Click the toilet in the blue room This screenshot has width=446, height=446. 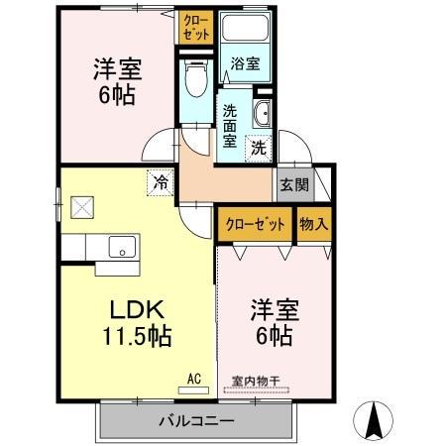pos(194,74)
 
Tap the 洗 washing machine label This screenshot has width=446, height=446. pos(257,149)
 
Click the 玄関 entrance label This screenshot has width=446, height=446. pos(293,183)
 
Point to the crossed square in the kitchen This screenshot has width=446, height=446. pos(81,209)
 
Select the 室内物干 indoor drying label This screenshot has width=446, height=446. pos(256,381)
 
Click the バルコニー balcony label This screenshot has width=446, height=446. pos(196,421)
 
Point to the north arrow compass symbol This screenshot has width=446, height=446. pos(377,420)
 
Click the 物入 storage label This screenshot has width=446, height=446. pos(314,223)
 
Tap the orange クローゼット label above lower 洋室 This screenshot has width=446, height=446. pos(255,223)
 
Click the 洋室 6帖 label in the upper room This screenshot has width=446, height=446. pos(117,82)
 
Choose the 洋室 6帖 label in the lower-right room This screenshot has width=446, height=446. pos(270,322)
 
